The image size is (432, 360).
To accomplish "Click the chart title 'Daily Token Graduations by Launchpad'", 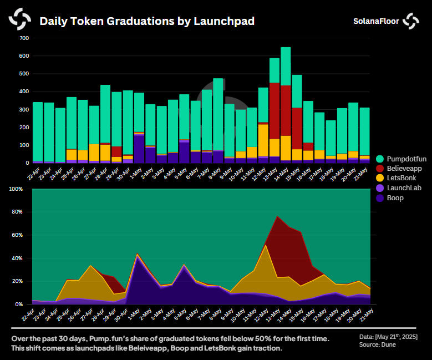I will (x=147, y=21).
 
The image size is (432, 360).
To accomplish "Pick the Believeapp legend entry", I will (x=404, y=168).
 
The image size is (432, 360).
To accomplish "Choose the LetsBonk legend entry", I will (x=401, y=178).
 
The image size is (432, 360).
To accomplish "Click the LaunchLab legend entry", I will (x=403, y=188).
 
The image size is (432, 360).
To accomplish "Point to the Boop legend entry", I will (x=395, y=198).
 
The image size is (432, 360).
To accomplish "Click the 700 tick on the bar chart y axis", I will (x=24, y=38).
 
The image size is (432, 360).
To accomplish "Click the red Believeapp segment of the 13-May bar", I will (x=275, y=111).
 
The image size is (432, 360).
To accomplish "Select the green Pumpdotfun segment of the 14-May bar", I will (x=286, y=67).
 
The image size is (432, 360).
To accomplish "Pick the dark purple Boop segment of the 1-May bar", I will (x=139, y=150).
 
